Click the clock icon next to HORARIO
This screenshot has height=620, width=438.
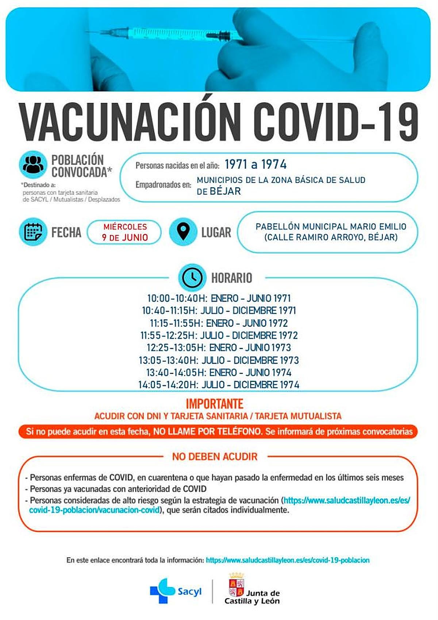(192, 277)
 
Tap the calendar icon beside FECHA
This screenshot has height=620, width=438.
(33, 232)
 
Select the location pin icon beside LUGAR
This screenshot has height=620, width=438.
(183, 232)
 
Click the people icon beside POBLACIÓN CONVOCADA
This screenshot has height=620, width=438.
(33, 165)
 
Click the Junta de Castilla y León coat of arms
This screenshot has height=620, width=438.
(237, 586)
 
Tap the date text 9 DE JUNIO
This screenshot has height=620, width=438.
(125, 238)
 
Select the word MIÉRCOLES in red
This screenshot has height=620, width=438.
(125, 227)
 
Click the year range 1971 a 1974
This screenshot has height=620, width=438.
(255, 165)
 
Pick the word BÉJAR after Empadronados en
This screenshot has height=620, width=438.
(225, 191)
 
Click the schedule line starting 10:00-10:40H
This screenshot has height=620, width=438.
(219, 298)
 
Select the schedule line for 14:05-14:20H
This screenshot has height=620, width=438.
(219, 385)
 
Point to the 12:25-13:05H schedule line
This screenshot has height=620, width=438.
(219, 347)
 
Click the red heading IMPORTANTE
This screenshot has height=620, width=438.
(215, 404)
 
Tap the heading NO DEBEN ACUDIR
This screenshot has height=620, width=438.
(215, 457)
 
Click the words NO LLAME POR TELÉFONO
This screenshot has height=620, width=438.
(207, 431)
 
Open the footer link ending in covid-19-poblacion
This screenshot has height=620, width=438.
(288, 560)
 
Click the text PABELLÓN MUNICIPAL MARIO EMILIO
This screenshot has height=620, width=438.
(331, 227)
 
